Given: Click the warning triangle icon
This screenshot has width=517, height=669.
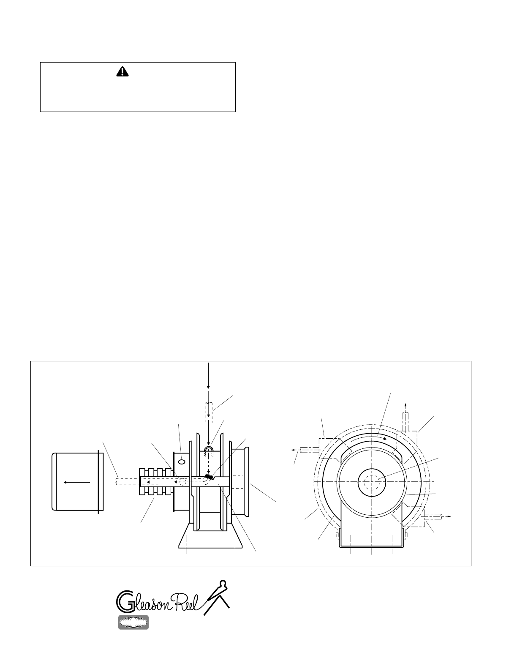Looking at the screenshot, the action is (122, 71).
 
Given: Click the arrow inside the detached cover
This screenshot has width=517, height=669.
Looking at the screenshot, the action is (77, 482).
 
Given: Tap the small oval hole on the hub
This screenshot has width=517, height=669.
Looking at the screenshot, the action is (182, 461).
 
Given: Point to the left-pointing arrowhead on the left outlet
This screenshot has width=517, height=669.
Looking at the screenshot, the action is (294, 450).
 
